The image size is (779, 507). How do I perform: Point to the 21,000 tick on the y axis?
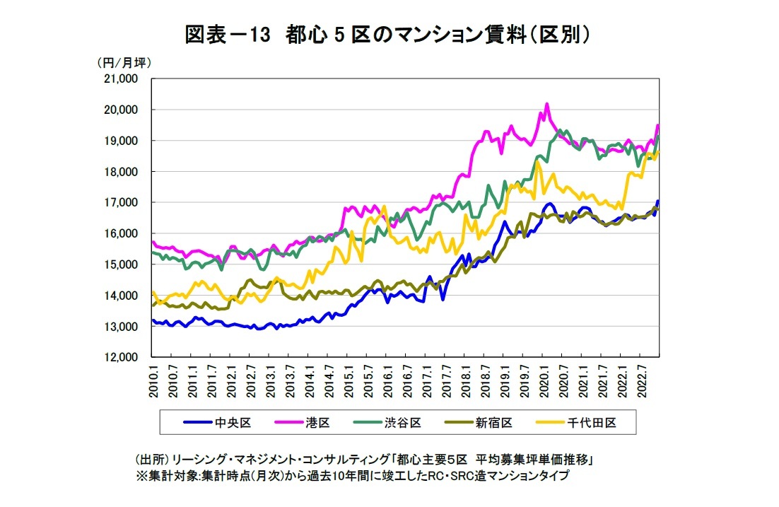point(121,78)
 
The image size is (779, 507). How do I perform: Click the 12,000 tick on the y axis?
point(121,358)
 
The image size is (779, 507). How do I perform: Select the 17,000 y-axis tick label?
point(121,203)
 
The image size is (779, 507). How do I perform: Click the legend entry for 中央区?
point(217,423)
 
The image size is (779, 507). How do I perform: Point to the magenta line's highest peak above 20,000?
point(546,104)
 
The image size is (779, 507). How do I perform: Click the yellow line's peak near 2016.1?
point(384,206)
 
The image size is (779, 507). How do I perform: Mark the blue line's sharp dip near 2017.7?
point(443,300)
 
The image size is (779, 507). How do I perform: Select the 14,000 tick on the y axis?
point(121,296)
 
